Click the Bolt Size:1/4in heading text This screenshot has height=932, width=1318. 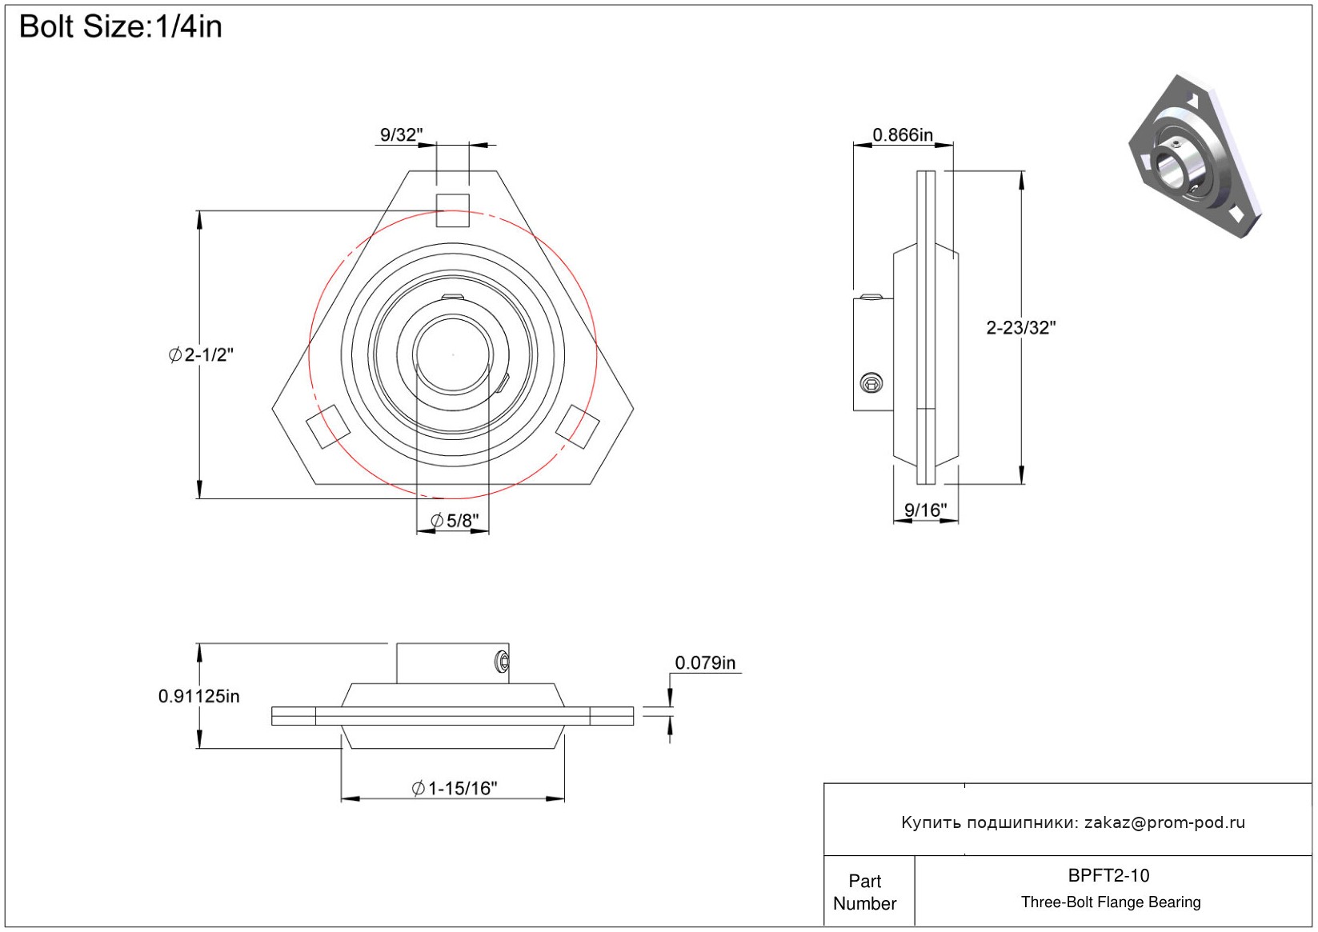click(120, 27)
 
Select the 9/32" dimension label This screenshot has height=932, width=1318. click(401, 134)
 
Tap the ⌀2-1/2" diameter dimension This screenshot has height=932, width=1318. click(201, 354)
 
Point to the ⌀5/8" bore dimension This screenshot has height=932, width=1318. click(455, 521)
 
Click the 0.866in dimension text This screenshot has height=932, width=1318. click(903, 134)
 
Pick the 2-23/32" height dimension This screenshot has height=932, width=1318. click(1020, 327)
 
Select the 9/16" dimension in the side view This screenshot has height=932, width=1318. click(925, 510)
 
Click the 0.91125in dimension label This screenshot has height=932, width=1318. click(198, 696)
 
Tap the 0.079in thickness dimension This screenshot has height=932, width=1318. click(705, 662)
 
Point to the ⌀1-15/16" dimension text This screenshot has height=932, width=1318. click(455, 789)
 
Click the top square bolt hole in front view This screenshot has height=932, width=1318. click(452, 210)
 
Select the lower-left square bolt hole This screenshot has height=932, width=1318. click(328, 426)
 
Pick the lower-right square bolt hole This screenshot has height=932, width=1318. click(578, 426)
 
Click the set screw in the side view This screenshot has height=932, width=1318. click(871, 383)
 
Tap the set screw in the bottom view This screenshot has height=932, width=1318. click(502, 662)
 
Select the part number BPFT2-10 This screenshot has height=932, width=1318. click(1108, 875)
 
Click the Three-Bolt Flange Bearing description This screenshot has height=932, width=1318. click(1111, 902)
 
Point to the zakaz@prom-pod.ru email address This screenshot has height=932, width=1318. click(1164, 822)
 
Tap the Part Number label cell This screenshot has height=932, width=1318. click(865, 892)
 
